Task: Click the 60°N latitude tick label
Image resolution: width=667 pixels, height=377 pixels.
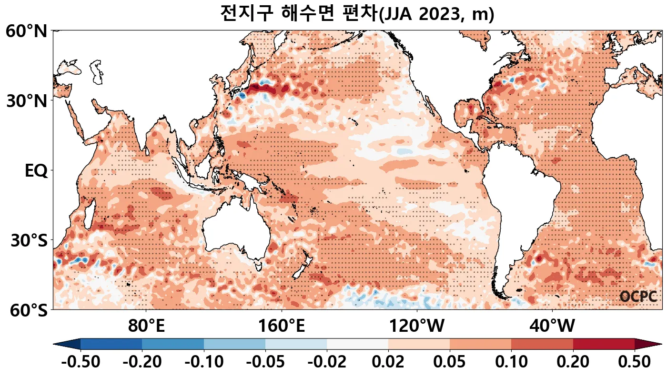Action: tap(26, 32)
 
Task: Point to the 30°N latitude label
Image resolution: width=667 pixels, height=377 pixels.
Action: tap(26, 101)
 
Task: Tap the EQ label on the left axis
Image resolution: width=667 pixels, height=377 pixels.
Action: tap(36, 171)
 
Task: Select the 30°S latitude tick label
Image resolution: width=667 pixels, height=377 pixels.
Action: tap(29, 241)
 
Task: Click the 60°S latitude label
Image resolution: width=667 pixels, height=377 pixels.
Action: tap(26, 310)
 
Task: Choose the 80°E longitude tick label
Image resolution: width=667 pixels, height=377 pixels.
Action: tap(146, 327)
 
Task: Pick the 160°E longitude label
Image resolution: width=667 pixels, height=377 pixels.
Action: tap(282, 327)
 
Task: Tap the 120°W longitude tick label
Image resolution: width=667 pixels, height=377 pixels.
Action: tap(417, 327)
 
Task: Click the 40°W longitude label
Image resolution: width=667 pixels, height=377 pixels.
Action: tap(552, 327)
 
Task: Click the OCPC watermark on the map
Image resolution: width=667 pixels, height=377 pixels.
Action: tap(638, 297)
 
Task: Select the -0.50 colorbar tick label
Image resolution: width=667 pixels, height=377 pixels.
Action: tap(81, 362)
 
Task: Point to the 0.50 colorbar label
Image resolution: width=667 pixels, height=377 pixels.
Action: tap(634, 362)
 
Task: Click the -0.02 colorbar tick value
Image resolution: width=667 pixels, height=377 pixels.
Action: tap(327, 362)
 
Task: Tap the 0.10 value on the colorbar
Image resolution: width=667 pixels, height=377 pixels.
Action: tap(511, 362)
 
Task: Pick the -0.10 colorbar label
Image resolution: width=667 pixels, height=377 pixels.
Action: tap(204, 362)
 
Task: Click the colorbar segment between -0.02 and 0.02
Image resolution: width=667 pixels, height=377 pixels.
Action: tap(357, 344)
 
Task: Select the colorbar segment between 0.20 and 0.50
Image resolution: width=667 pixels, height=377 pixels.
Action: tap(604, 344)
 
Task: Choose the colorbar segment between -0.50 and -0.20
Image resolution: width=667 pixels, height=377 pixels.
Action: tap(111, 344)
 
